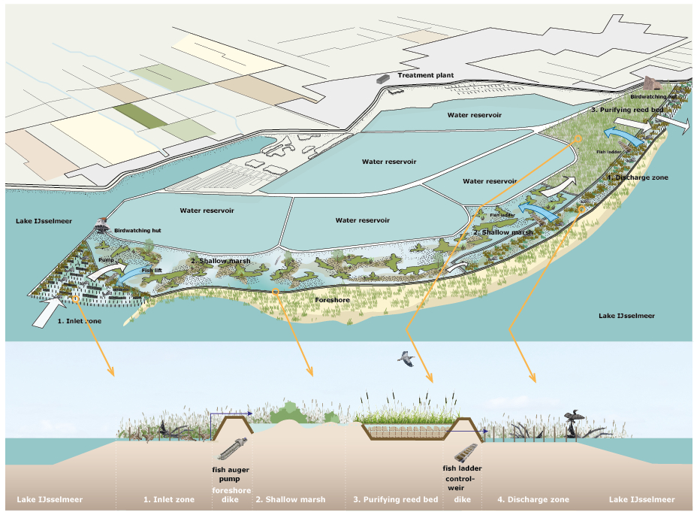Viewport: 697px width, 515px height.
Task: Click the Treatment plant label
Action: click(x=424, y=75)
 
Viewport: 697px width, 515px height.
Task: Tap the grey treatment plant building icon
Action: click(x=383, y=77)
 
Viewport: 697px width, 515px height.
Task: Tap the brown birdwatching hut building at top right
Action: click(x=651, y=83)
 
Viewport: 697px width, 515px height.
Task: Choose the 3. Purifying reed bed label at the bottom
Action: click(x=395, y=499)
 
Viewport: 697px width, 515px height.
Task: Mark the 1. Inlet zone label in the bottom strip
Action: click(x=169, y=499)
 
